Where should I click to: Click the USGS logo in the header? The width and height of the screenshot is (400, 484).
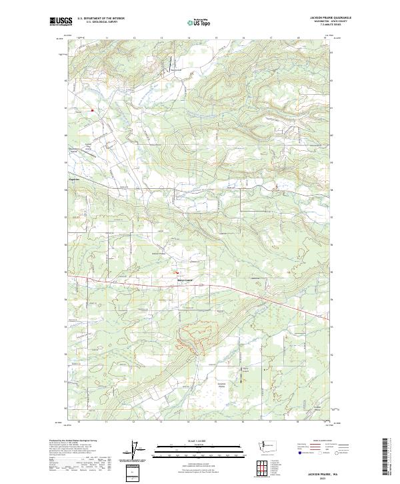click(61, 21)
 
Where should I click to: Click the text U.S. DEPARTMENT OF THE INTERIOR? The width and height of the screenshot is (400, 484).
click(101, 17)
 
